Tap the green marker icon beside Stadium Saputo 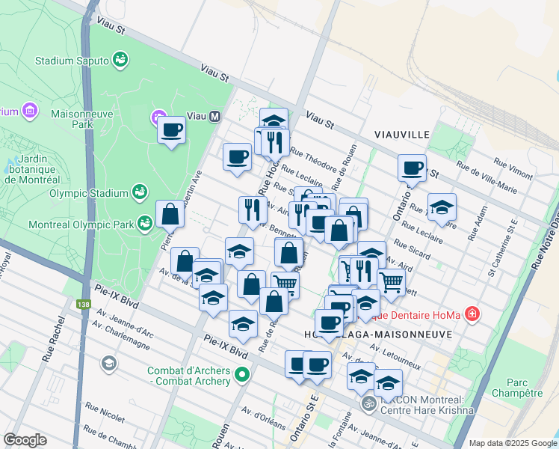pyautogui.click(x=120, y=58)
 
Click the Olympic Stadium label pyautogui.click(x=89, y=193)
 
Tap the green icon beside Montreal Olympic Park pyautogui.click(x=145, y=224)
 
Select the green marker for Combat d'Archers pyautogui.click(x=241, y=374)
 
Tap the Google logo pyautogui.click(x=25, y=440)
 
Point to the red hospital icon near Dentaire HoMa pyautogui.click(x=472, y=314)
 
